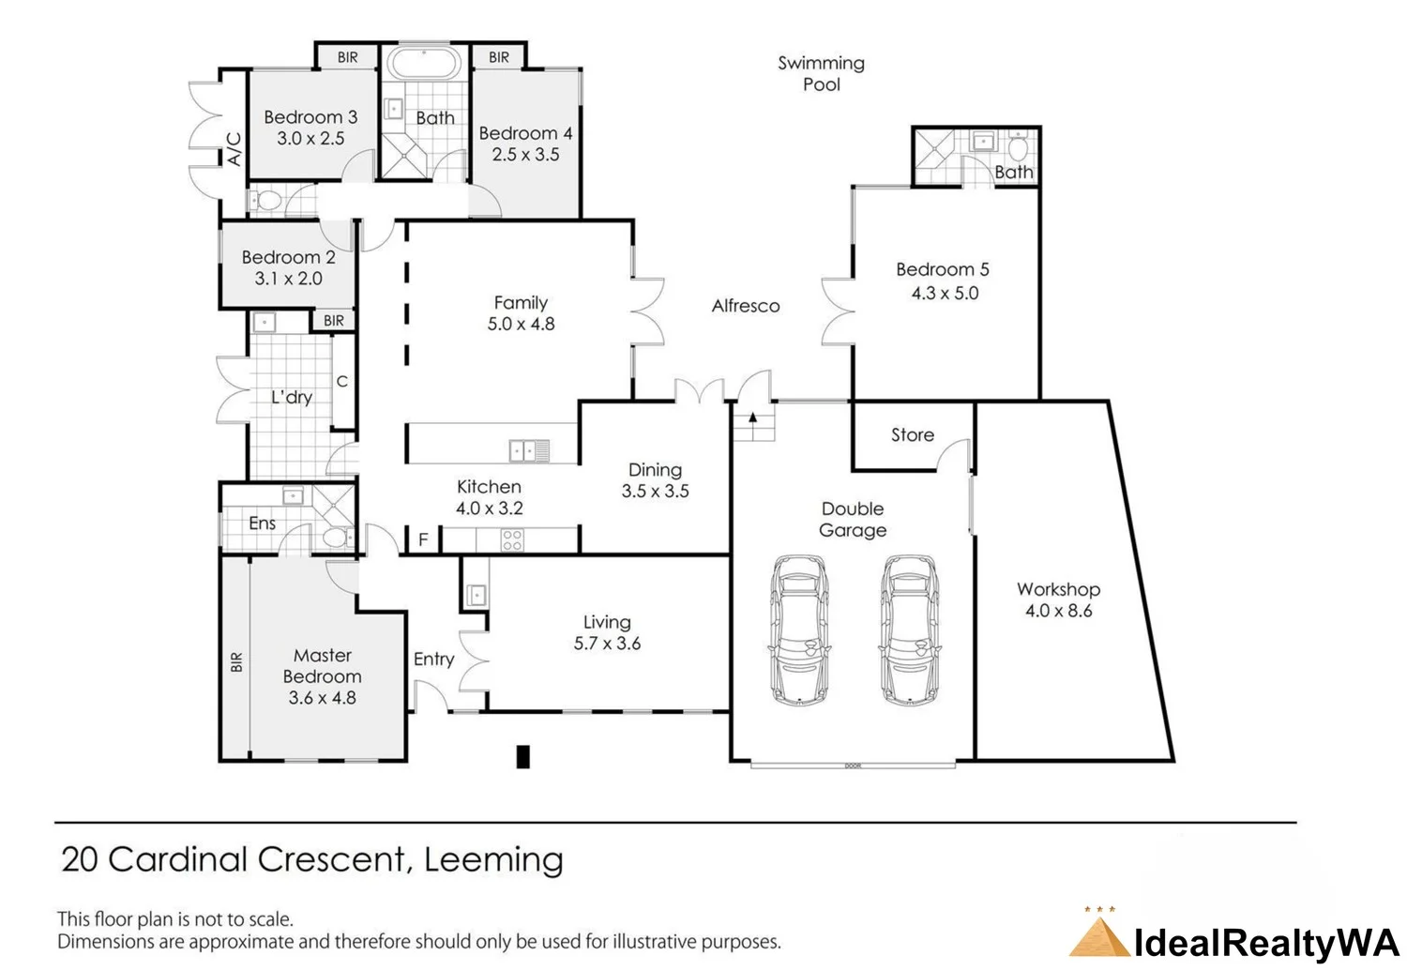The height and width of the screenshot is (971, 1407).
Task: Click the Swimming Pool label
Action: pyautogui.click(x=821, y=73)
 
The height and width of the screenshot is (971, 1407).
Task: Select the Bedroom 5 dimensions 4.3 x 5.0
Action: pyautogui.click(x=945, y=293)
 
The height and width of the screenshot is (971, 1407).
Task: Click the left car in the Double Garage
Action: pyautogui.click(x=799, y=629)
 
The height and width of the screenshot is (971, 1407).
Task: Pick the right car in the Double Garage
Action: pyautogui.click(x=910, y=629)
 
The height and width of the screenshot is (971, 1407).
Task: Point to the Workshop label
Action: pyautogui.click(x=1058, y=589)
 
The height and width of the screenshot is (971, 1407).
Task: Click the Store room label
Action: pyautogui.click(x=912, y=434)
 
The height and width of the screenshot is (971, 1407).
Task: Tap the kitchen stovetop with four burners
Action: pyautogui.click(x=512, y=540)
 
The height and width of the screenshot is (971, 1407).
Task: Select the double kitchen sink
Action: pyautogui.click(x=530, y=451)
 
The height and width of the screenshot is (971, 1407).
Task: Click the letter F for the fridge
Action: pyautogui.click(x=423, y=539)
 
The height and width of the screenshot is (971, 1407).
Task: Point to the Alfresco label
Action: pyautogui.click(x=746, y=306)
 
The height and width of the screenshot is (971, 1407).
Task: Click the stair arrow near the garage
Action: pyautogui.click(x=752, y=417)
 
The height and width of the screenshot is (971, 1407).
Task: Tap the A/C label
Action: pyautogui.click(x=234, y=149)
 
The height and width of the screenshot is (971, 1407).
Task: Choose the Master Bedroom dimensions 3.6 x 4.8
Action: pyautogui.click(x=323, y=698)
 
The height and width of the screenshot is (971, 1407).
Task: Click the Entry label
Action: pyautogui.click(x=433, y=659)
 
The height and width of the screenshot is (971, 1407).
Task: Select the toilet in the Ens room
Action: pyautogui.click(x=336, y=538)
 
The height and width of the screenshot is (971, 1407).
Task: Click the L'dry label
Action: pyautogui.click(x=292, y=397)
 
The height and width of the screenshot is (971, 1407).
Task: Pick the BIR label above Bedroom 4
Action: pyautogui.click(x=499, y=57)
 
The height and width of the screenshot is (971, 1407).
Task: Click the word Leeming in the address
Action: pyautogui.click(x=493, y=860)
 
